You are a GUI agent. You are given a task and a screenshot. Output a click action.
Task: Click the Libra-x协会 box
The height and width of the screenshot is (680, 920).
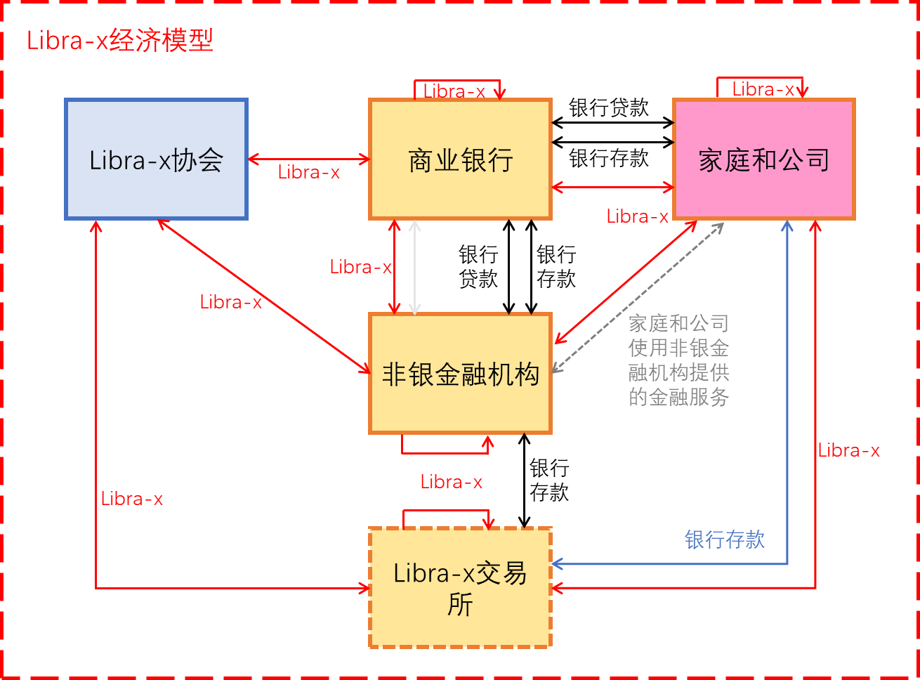click(x=156, y=159)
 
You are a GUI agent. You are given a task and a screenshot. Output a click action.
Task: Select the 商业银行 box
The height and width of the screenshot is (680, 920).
click(x=460, y=159)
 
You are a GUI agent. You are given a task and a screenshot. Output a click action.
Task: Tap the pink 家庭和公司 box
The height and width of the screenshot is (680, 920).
click(x=763, y=159)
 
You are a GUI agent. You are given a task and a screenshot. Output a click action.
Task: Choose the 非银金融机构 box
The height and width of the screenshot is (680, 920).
click(x=460, y=374)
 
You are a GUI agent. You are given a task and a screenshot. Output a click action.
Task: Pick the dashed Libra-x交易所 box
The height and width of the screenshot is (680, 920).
click(x=460, y=587)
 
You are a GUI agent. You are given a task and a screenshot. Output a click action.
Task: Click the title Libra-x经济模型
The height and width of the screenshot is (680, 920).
click(x=120, y=40)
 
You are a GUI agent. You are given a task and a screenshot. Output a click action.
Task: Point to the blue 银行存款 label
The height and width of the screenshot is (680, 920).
click(x=724, y=540)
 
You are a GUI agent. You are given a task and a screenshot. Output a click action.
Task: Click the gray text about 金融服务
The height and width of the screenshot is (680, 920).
click(x=678, y=360)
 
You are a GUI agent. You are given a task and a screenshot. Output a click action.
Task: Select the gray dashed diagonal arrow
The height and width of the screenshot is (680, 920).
click(x=638, y=298)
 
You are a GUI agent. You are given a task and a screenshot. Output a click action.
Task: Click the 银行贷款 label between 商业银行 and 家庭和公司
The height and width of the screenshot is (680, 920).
click(x=608, y=107)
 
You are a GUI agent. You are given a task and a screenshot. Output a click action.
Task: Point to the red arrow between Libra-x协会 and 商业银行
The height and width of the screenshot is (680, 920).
click(x=309, y=159)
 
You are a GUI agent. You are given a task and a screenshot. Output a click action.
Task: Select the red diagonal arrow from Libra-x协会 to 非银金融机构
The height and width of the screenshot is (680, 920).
click(x=264, y=296)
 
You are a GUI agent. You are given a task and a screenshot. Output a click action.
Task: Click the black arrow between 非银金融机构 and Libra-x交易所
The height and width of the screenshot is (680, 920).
click(x=525, y=481)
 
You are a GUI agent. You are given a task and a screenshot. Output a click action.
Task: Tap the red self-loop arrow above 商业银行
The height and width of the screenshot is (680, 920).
click(x=457, y=80)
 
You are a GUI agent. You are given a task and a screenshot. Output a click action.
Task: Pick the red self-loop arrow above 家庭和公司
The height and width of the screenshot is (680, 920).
click(x=760, y=77)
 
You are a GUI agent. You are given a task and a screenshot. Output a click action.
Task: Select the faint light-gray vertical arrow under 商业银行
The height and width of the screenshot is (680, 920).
click(x=415, y=268)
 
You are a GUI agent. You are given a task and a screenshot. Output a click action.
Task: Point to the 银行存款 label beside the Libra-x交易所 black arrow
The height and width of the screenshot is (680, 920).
click(x=549, y=480)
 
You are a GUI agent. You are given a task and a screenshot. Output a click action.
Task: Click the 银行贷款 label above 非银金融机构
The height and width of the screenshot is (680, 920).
click(x=478, y=266)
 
